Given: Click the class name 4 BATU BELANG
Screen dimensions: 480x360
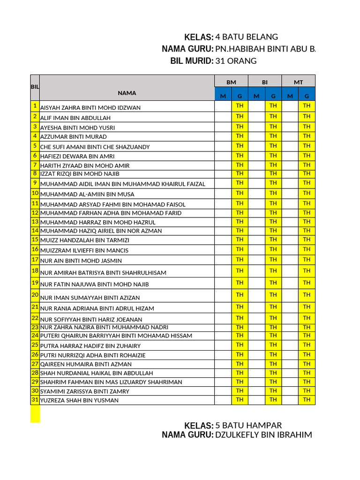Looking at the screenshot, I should coord(247,37).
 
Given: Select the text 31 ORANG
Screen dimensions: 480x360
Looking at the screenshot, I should coord(236,61).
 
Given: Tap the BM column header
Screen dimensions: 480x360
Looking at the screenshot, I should coord(231,82).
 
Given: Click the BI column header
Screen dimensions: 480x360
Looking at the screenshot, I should coord(265,82).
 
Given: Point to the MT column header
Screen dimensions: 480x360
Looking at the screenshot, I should coord(298,82).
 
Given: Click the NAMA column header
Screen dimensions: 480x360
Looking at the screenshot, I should coord(127,93).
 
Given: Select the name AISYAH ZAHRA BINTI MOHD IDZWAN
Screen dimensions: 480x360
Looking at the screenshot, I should coord(90,107).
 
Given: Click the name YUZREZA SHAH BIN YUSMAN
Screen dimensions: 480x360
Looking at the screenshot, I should coord(79,400).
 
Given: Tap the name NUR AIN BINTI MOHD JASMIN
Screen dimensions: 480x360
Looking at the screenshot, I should coord(81,261).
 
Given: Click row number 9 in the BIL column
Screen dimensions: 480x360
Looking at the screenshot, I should coord(35,182).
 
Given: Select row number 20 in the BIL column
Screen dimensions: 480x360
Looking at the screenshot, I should coord(35,294).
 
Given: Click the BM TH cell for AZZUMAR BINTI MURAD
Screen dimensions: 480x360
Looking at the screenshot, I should coord(240,136).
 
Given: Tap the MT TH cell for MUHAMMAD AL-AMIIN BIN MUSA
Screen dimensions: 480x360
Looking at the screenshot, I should coord(307,193).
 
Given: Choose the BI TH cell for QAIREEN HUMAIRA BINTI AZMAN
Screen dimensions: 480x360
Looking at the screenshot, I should coord(273,364).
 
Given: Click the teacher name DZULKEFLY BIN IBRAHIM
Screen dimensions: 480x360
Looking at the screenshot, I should coord(263,435).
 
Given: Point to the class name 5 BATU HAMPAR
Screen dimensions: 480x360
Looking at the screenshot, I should coord(248,425).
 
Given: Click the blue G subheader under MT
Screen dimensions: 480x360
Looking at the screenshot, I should coord(307,96).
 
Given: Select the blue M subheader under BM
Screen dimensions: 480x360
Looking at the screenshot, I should coord(223,96).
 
